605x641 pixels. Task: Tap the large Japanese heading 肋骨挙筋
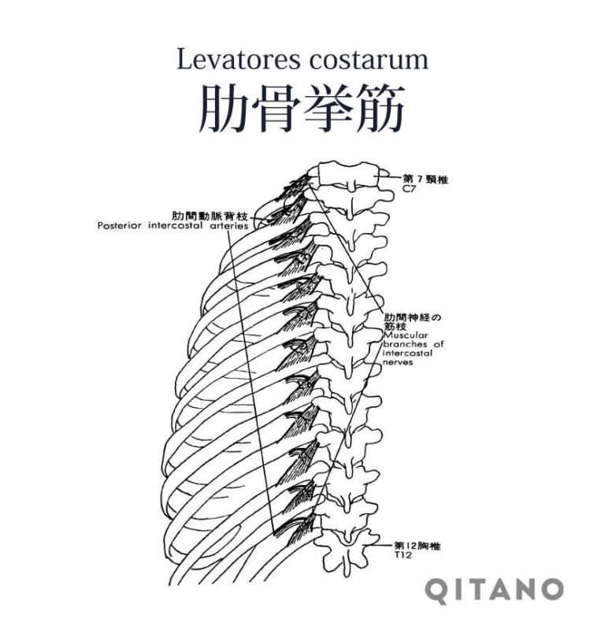click(302, 108)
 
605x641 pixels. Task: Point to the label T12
click(403, 555)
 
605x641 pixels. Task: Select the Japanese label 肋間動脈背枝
click(210, 215)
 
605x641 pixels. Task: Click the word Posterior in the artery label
click(121, 225)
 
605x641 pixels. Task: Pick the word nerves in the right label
click(398, 364)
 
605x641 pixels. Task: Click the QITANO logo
click(495, 590)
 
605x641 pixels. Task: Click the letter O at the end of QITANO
click(551, 590)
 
